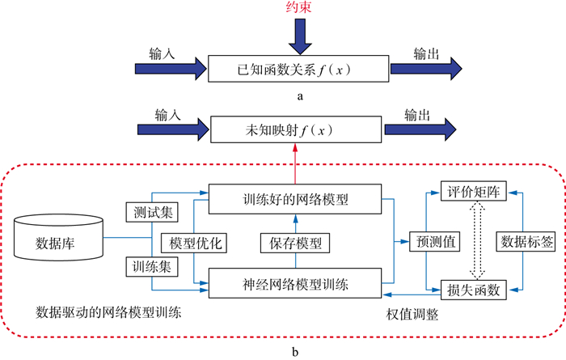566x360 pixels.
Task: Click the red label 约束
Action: [298, 6]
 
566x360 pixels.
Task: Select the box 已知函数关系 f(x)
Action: [298, 69]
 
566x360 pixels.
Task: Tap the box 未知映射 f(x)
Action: [296, 129]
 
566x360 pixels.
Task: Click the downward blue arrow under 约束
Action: [300, 36]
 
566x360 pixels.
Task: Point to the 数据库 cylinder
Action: [58, 237]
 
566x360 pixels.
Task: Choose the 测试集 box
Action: [152, 212]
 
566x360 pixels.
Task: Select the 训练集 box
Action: [152, 266]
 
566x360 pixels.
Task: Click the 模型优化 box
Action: [194, 243]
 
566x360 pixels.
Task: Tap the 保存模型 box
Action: [295, 243]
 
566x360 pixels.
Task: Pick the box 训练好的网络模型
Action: [295, 199]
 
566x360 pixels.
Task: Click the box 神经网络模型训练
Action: [295, 283]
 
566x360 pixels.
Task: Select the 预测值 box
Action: [435, 241]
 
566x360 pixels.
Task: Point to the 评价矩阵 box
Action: [474, 191]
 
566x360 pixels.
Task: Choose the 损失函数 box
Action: [474, 290]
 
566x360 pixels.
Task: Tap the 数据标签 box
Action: [526, 241]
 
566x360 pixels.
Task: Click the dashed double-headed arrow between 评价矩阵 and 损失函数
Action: [477, 240]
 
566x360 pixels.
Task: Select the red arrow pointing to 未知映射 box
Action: [296, 163]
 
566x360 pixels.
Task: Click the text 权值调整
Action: [412, 314]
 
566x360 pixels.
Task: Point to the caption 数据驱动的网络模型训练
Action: [108, 312]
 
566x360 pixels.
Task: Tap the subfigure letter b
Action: [295, 352]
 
